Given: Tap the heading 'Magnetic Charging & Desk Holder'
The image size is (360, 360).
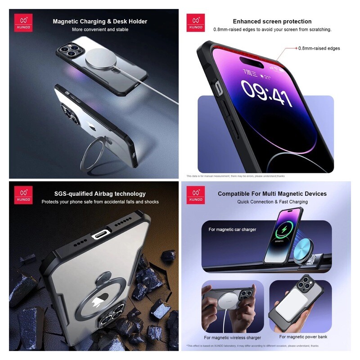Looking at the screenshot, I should coord(100,21).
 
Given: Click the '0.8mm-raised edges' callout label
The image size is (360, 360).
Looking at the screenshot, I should coord(319,48).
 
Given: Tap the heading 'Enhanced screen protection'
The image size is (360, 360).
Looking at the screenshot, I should coord(272,21).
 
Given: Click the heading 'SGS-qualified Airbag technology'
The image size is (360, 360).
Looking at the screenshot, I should coord(100,193).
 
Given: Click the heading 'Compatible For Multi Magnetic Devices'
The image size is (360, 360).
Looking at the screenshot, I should coord(272,193).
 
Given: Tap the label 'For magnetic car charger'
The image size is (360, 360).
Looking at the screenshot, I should coord(232,229).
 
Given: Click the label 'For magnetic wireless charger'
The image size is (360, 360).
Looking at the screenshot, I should coord(232,337).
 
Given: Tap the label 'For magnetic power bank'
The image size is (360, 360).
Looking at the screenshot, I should coord(303,337).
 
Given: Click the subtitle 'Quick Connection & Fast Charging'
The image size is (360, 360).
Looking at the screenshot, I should coord(272,202).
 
